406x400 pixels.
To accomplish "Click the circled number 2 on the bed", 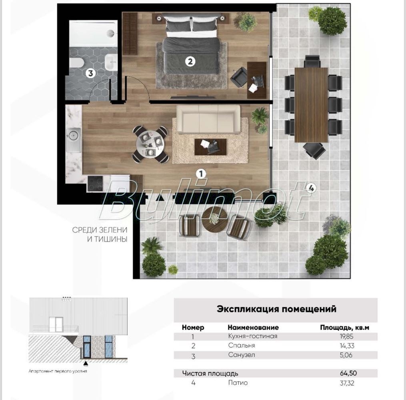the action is [x=190, y=62].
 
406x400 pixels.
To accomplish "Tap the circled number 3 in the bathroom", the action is [x=90, y=73].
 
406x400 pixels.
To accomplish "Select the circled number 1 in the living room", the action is [x=201, y=174].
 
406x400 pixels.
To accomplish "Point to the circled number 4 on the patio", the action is [x=311, y=188].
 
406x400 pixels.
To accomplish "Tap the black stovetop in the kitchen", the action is [x=95, y=184].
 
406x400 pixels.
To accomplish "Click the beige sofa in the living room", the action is [x=208, y=119].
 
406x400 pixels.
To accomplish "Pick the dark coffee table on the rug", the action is [x=210, y=147].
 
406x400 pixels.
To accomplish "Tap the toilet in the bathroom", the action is [x=76, y=64].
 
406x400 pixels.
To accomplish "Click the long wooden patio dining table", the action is [x=311, y=105].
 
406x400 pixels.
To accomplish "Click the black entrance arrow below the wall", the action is [x=160, y=198].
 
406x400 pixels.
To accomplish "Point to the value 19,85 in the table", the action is [x=346, y=336].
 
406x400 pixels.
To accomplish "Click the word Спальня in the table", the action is [x=242, y=345].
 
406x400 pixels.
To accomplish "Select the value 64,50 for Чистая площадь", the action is [x=348, y=373].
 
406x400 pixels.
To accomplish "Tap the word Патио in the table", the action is [x=238, y=383].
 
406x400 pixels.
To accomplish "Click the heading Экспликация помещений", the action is [x=276, y=309].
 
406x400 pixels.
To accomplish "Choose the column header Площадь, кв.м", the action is [x=345, y=328].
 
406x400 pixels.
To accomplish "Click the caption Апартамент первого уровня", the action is [x=58, y=371].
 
